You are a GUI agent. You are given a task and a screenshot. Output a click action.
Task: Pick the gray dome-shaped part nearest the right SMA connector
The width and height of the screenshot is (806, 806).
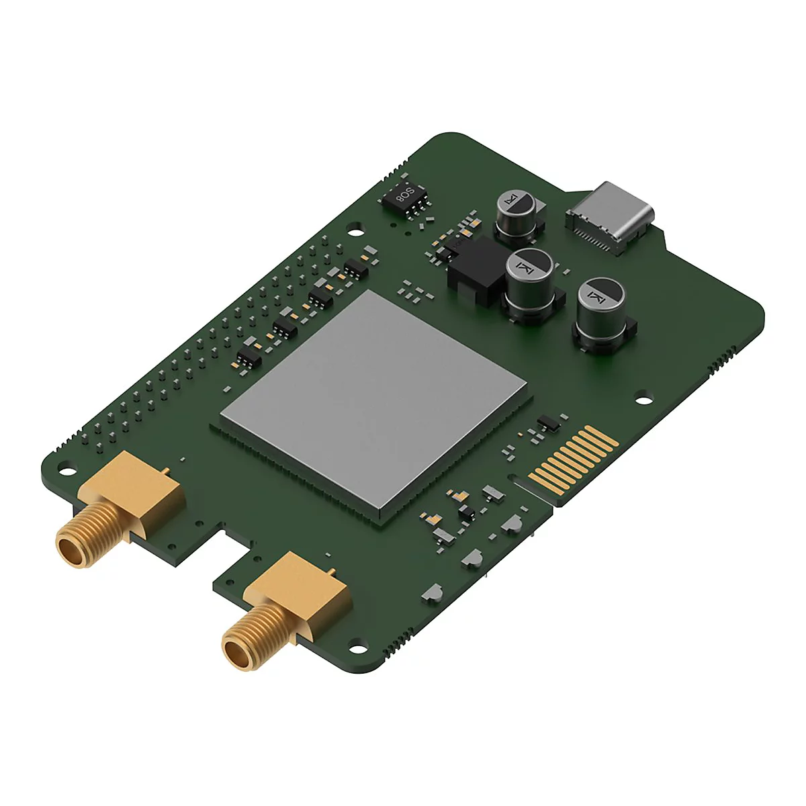coord(432,592)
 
